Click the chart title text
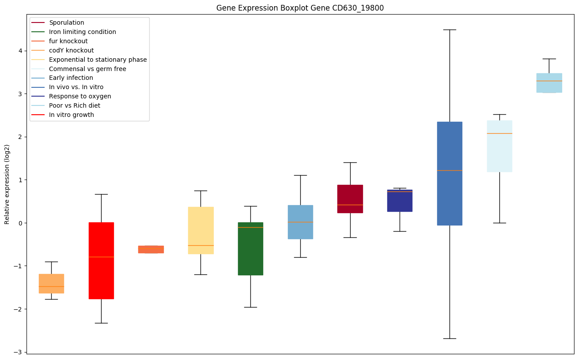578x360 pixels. [x=300, y=8]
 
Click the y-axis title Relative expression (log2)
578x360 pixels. [x=7, y=184]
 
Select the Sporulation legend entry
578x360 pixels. [x=67, y=22]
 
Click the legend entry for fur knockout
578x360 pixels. [x=68, y=41]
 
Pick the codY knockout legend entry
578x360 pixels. [x=72, y=50]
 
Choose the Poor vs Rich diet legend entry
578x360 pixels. [x=75, y=105]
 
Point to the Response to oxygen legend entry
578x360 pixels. [x=80, y=96]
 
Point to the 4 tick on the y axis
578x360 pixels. [x=20, y=51]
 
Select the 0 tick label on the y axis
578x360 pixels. [x=20, y=223]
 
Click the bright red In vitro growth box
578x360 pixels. [x=101, y=260]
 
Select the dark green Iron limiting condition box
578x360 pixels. [x=250, y=248]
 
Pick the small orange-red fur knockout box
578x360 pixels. [x=151, y=249]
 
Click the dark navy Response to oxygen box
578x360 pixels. [x=400, y=201]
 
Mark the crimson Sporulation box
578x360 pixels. [x=350, y=199]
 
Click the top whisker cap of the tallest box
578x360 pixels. [x=450, y=30]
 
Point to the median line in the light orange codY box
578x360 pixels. [x=51, y=286]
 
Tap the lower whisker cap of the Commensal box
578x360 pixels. [x=499, y=223]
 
